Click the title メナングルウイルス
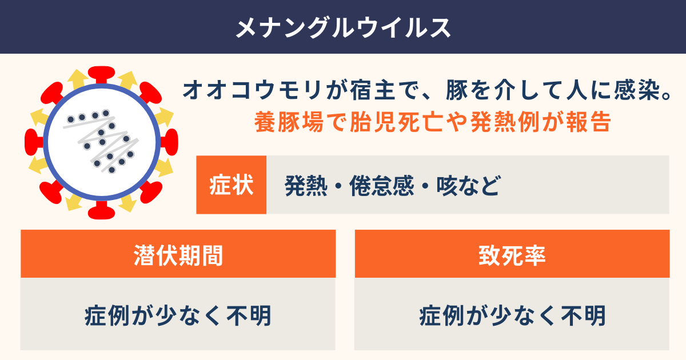[343, 27]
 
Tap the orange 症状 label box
[231, 185]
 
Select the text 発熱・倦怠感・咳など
[393, 186]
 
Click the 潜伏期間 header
[178, 255]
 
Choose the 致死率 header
[512, 255]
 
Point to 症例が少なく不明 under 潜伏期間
[178, 315]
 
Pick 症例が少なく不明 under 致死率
[512, 315]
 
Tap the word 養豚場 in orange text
[289, 122]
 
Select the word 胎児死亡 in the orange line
[397, 122]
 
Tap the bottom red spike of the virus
[101, 210]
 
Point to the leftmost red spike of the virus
[34, 142]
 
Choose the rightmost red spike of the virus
[169, 142]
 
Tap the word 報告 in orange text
[589, 122]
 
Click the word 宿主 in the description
[372, 90]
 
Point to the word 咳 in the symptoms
[447, 186]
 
